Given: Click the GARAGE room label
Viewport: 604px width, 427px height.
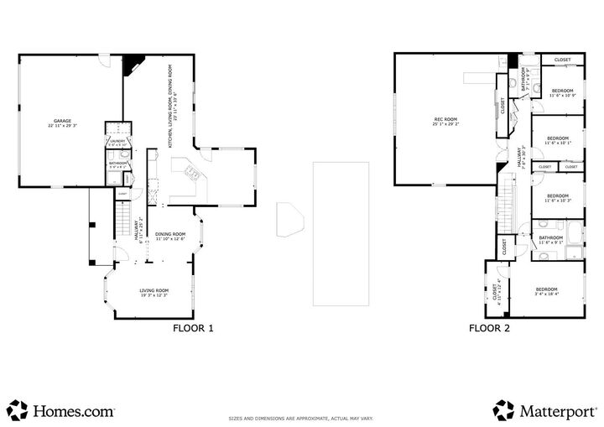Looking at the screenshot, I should [x=62, y=122].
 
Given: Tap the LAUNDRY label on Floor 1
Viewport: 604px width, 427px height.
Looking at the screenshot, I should [x=117, y=143].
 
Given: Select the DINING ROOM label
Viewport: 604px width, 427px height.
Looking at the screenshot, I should [x=170, y=236].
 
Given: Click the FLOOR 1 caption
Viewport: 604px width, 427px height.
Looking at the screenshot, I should [x=193, y=329].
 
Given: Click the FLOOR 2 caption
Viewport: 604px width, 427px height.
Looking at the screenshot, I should [x=489, y=329].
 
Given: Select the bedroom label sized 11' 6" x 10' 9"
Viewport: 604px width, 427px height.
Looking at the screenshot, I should [x=561, y=92].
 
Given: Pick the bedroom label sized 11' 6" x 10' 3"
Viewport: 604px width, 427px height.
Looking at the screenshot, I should [x=557, y=198].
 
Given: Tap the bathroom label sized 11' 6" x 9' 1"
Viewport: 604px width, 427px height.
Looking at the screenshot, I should [x=551, y=240].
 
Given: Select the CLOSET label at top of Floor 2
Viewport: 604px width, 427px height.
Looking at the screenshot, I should [x=562, y=60].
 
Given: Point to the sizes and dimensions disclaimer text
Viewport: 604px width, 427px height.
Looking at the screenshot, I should [x=301, y=418].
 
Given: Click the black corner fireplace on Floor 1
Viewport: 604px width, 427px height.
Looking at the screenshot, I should [x=133, y=65].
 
